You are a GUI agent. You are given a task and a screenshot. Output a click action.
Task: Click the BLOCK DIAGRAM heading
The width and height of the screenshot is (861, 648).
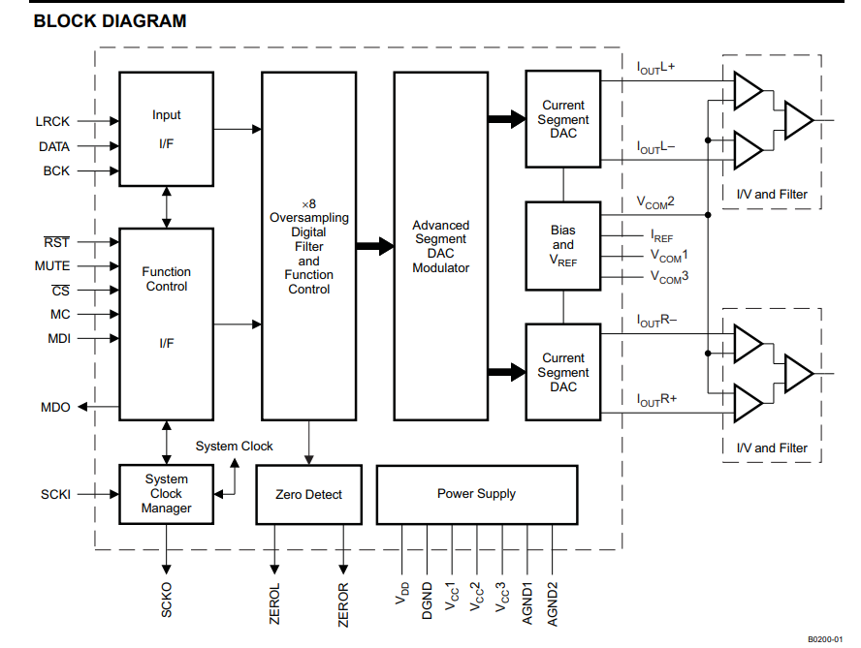(x=110, y=20)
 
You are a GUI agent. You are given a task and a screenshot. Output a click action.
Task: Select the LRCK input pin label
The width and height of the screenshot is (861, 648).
(x=52, y=122)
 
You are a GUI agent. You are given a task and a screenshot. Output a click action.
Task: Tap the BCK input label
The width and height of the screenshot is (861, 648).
(x=56, y=170)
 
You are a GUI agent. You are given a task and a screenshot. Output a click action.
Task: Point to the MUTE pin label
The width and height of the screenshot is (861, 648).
(x=52, y=265)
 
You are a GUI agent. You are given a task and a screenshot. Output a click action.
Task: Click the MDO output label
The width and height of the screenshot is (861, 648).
(x=55, y=407)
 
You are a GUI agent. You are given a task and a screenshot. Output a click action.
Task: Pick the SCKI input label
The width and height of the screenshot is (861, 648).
(x=55, y=494)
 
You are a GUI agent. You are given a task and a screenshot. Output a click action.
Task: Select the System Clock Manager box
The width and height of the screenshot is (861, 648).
(x=166, y=494)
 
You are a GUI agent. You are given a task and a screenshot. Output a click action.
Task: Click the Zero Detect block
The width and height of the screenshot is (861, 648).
(x=308, y=494)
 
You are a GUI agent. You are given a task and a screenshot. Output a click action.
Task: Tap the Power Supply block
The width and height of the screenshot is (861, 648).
(x=476, y=494)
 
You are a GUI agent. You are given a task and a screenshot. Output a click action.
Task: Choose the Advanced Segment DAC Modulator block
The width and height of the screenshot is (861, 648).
(x=440, y=246)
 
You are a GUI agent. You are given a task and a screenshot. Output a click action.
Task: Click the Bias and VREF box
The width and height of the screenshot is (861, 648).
(x=562, y=246)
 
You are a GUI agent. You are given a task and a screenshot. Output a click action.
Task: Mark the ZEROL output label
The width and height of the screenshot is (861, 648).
(x=274, y=602)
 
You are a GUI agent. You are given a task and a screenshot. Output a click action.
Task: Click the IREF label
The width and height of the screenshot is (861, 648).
(x=662, y=235)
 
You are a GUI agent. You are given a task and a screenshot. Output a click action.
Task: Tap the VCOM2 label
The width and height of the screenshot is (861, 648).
(x=655, y=202)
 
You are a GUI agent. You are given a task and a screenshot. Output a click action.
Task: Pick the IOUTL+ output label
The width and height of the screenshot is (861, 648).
(x=656, y=68)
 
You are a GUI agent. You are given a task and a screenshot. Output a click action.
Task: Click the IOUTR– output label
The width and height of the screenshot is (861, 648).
(x=656, y=321)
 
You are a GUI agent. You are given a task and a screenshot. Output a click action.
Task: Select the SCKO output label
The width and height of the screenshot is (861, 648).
(x=167, y=601)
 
